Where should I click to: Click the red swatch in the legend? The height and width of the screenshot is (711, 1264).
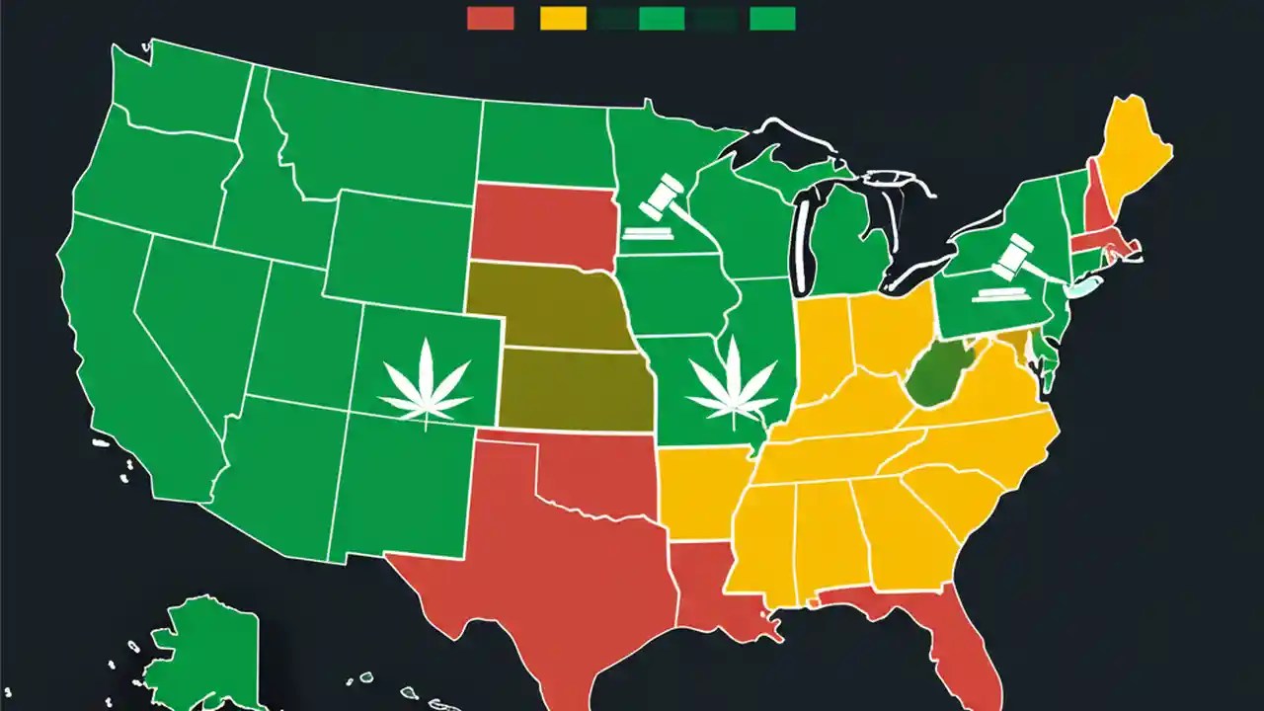[490, 18]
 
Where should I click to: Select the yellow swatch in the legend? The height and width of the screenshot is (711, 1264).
[563, 18]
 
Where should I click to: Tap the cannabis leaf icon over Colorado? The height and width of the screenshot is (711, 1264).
[426, 380]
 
